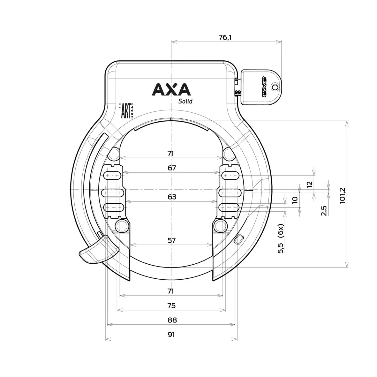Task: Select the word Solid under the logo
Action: point(185,101)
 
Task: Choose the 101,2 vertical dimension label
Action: point(343,195)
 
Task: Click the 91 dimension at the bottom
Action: point(171,335)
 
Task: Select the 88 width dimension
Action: point(171,320)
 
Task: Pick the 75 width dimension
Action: point(171,305)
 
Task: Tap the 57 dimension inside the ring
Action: point(171,240)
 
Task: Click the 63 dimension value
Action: point(171,197)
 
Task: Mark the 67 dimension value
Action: point(171,168)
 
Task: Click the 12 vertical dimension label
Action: point(309,184)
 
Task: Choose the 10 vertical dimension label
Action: point(295,200)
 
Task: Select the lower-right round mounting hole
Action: point(220,225)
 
